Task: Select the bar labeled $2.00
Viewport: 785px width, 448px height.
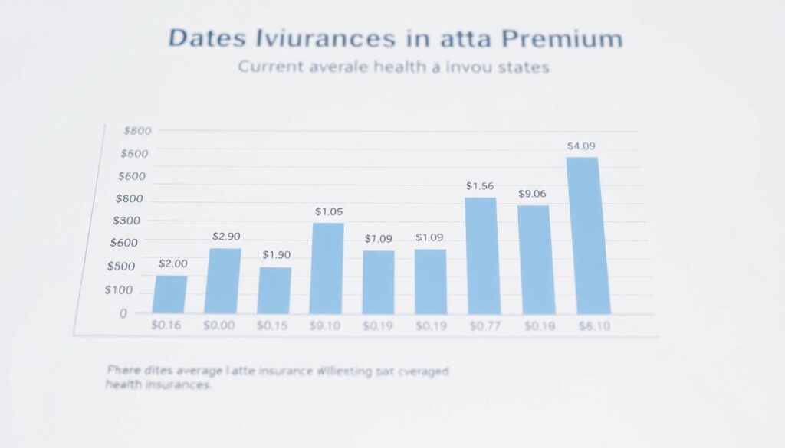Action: click(x=170, y=295)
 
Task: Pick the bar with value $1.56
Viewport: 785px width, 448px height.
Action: click(x=481, y=256)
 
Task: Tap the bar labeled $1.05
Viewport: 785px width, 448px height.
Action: click(x=328, y=269)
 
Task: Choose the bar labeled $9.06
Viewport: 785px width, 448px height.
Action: click(x=534, y=260)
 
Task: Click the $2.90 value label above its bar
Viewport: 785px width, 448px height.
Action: click(x=225, y=237)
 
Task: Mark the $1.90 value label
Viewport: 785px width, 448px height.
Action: click(x=276, y=255)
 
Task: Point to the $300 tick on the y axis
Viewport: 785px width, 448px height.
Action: click(x=126, y=221)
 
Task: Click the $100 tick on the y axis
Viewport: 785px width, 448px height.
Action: click(x=119, y=290)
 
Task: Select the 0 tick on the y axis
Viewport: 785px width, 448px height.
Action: click(x=123, y=313)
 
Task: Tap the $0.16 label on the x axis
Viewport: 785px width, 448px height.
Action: click(x=166, y=326)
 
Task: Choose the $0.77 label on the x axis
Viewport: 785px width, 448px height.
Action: click(x=482, y=326)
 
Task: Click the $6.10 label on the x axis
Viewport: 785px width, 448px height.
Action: click(x=593, y=326)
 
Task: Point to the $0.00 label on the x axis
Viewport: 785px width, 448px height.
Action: click(x=219, y=326)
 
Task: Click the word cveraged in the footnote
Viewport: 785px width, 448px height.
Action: click(x=421, y=371)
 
